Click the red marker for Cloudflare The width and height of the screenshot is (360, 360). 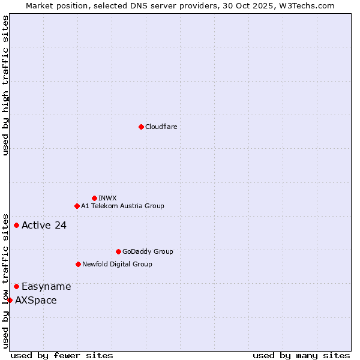pyautogui.click(x=141, y=127)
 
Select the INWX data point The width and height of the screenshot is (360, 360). pyautogui.click(x=94, y=198)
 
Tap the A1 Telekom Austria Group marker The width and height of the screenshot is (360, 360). pyautogui.click(x=77, y=206)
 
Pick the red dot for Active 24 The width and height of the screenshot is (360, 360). pyautogui.click(x=16, y=225)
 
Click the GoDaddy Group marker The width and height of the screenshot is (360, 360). pyautogui.click(x=118, y=251)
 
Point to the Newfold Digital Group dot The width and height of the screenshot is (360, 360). pyautogui.click(x=78, y=264)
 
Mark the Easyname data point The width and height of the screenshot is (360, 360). pyautogui.click(x=16, y=286)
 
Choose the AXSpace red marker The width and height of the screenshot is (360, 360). pyautogui.click(x=10, y=300)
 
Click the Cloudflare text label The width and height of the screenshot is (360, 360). pyautogui.click(x=161, y=127)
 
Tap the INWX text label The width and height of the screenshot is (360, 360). pyautogui.click(x=107, y=198)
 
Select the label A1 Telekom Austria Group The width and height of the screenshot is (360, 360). pyautogui.click(x=122, y=206)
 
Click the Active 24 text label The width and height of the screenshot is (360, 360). pyautogui.click(x=44, y=226)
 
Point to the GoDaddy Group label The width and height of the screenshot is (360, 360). pyautogui.click(x=148, y=251)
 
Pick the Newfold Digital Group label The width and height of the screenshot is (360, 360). pyautogui.click(x=117, y=264)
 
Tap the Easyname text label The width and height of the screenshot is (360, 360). pyautogui.click(x=46, y=287)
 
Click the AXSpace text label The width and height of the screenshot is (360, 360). pyautogui.click(x=36, y=300)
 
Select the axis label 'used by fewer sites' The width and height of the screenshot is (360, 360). pyautogui.click(x=62, y=355)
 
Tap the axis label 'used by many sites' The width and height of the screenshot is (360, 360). pyautogui.click(x=301, y=355)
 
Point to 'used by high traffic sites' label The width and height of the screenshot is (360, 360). pyautogui.click(x=5, y=85)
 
